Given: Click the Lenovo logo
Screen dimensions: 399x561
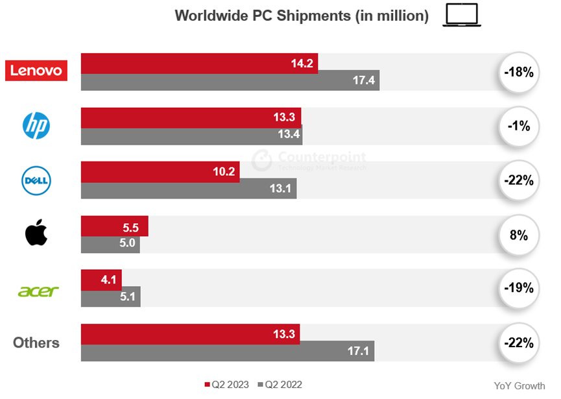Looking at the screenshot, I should [x=36, y=70].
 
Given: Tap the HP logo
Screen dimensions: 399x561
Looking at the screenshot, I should [x=36, y=125].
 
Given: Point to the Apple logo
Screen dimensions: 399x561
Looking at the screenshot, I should [x=36, y=233].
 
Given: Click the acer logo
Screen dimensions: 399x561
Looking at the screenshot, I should [x=38, y=291].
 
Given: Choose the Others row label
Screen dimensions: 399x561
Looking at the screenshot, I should [x=36, y=343].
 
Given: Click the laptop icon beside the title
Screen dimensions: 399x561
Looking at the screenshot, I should [x=462, y=16].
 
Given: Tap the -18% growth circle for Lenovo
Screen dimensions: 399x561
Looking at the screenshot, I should [x=519, y=72].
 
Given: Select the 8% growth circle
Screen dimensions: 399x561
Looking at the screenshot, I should [x=519, y=235].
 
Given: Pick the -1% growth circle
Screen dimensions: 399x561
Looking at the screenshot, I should [x=519, y=126].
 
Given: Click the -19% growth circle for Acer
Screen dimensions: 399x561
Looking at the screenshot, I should [x=519, y=288].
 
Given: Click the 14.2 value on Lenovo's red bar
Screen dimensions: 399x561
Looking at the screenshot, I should [x=302, y=64].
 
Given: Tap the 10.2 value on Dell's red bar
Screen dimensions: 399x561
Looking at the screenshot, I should [x=224, y=172].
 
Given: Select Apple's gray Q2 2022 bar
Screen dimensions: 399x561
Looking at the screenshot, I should [x=110, y=244].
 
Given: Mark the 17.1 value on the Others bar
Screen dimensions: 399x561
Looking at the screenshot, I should [x=359, y=352].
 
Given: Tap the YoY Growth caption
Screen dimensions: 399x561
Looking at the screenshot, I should [x=519, y=386].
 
